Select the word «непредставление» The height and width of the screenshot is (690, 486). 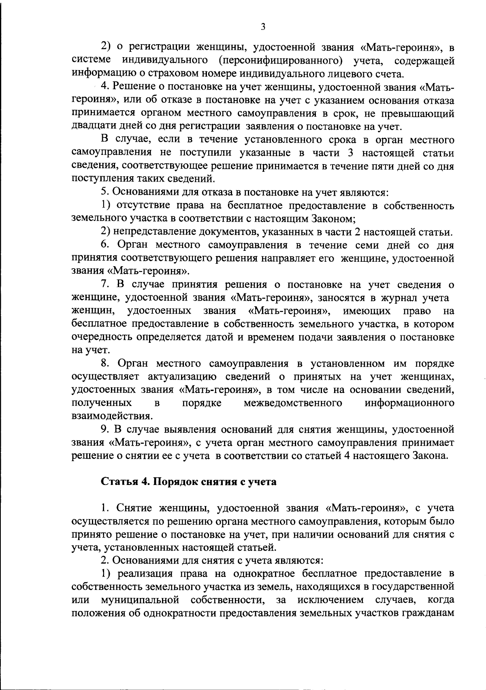[x=154, y=232]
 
